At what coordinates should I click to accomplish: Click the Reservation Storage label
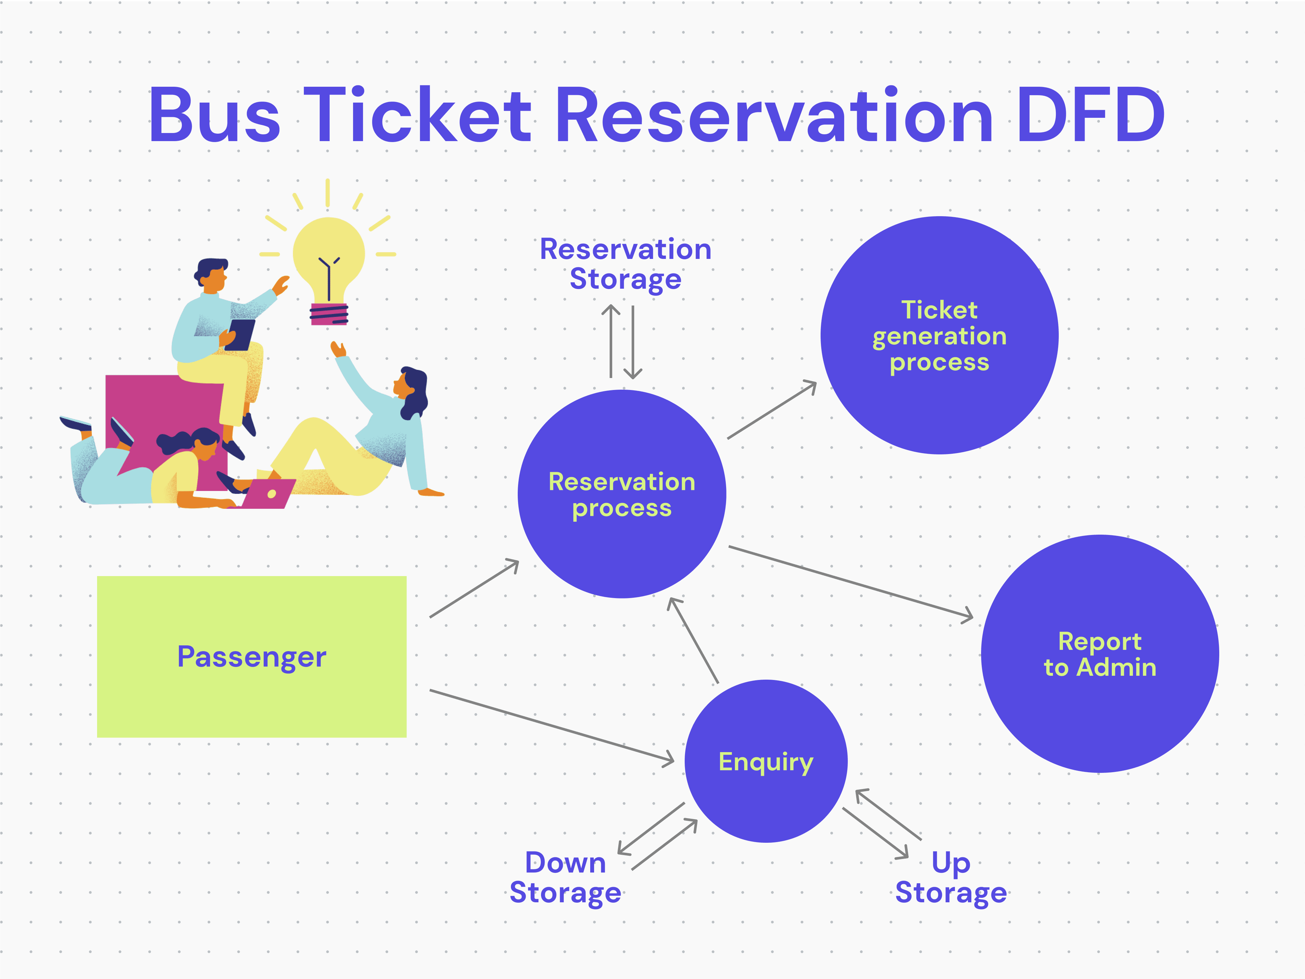tap(625, 264)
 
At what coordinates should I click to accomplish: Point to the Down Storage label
tap(565, 877)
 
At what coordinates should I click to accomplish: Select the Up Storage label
tap(950, 877)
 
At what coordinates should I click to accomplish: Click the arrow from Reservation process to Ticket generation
tap(772, 410)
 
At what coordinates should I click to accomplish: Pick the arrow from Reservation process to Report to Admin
tap(849, 582)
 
